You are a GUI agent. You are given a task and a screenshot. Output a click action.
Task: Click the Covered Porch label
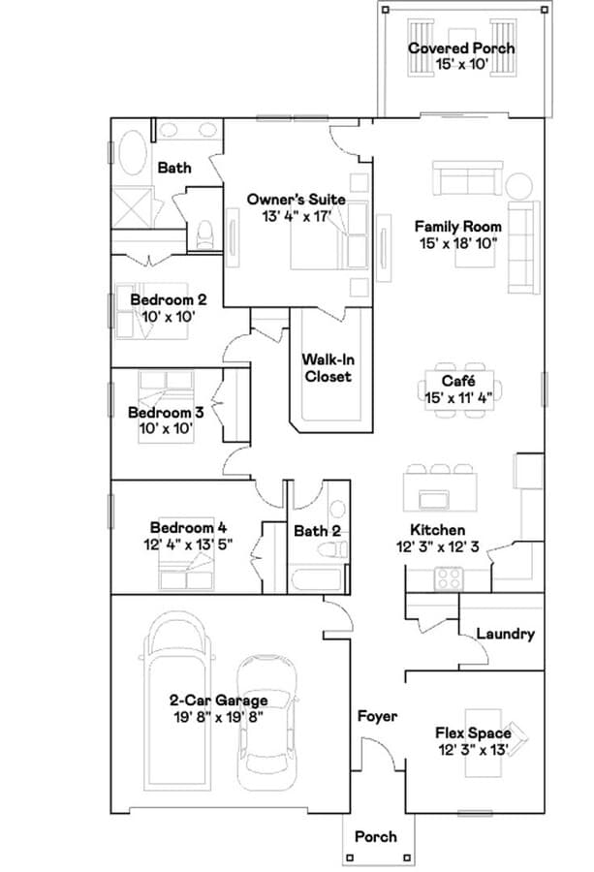(460, 48)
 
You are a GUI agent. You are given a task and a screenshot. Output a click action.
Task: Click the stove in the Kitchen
(448, 577)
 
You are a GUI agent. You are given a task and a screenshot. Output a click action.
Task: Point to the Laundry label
(505, 634)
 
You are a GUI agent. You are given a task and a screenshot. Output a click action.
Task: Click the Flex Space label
(473, 733)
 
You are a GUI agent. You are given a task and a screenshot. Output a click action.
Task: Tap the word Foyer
(377, 716)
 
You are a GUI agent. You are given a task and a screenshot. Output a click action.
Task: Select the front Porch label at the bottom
(375, 835)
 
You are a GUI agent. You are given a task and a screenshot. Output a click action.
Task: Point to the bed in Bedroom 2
(155, 310)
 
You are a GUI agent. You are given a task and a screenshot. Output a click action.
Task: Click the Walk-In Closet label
(327, 367)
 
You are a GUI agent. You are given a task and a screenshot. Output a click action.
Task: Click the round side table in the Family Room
(519, 185)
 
